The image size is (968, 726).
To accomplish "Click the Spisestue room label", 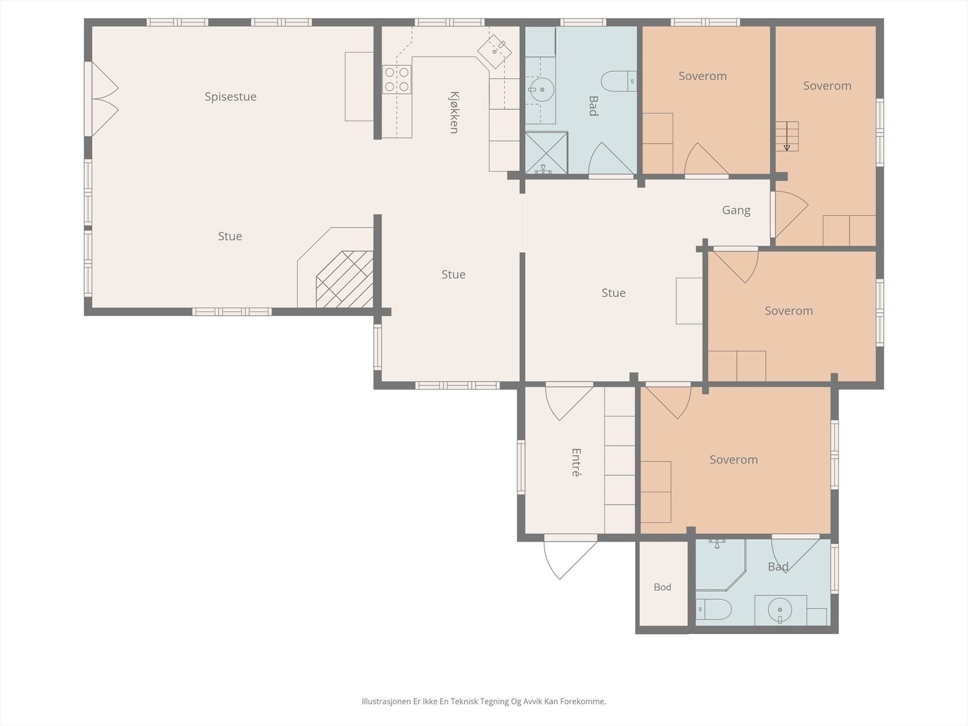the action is point(231,97).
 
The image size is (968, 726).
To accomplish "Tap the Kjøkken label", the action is point(454,113).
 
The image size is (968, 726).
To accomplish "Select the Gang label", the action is point(736,211).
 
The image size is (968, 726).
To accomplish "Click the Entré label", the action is point(577,462).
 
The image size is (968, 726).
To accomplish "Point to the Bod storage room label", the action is point(662,587).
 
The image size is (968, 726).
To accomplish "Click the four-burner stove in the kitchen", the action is point(396,79).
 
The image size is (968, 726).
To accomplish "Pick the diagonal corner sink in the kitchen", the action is point(494,51).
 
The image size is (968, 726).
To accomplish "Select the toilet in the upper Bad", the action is point(619,81).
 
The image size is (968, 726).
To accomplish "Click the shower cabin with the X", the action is point(546,152).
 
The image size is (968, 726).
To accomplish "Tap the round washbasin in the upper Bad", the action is point(541,90).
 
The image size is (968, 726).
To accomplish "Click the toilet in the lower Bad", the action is point(713,609).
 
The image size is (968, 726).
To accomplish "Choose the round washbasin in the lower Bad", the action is point(780,610).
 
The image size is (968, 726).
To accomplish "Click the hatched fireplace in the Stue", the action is point(344,279).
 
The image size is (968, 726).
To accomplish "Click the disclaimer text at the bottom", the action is point(484,701).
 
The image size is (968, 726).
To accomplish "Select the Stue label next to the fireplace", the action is point(230,237).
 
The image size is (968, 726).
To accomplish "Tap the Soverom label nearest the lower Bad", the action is point(733,460).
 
